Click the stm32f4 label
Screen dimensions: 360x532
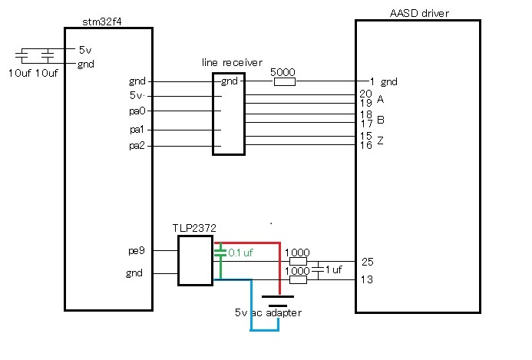(101, 21)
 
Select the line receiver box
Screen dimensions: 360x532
(229, 114)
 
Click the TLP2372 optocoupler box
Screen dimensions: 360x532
(195, 260)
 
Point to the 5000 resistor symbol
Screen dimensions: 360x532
(284, 81)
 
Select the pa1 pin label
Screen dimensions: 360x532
(137, 130)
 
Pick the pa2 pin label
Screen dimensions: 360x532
(137, 146)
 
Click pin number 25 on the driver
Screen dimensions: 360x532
(368, 262)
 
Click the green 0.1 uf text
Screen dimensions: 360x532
(241, 252)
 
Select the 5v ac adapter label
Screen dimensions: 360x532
(268, 312)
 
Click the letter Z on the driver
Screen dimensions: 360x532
(380, 141)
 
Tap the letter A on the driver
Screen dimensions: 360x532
(380, 99)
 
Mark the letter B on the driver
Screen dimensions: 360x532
(380, 120)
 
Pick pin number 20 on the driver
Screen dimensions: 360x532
(365, 93)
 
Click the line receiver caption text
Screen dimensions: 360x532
(232, 62)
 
